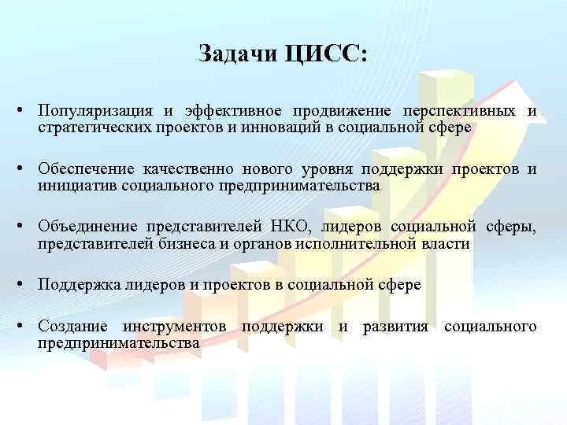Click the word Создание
[x=74, y=327]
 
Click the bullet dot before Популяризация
[x=27, y=111]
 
